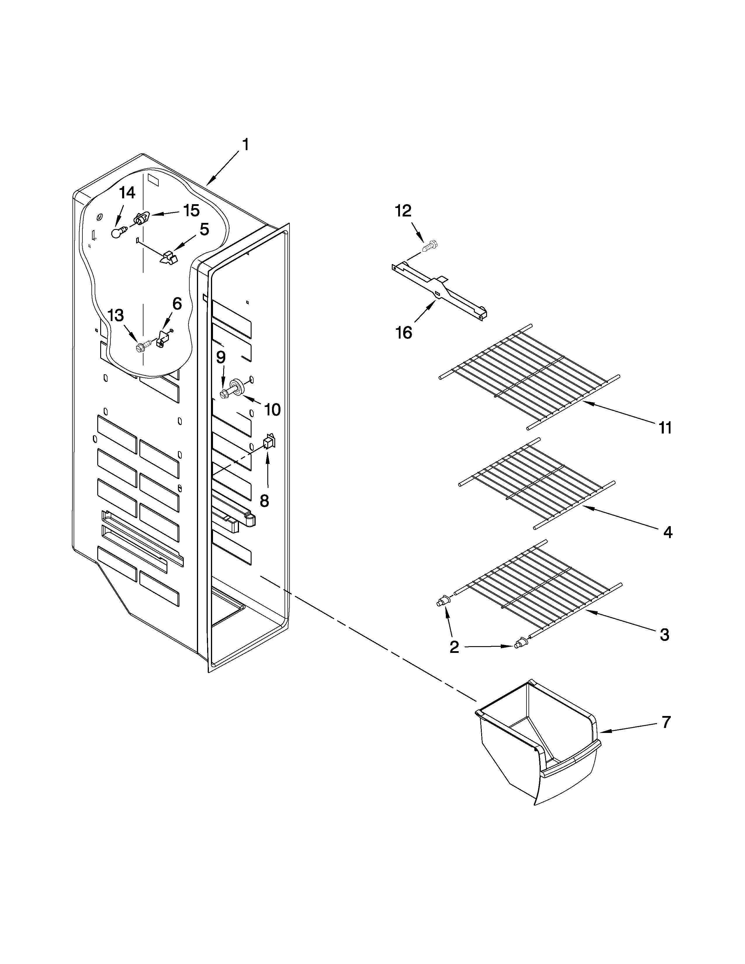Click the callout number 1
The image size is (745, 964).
245,145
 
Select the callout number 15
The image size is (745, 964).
191,211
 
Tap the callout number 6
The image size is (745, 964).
176,304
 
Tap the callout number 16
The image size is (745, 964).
403,332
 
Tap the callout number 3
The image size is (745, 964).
664,635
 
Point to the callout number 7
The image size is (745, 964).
666,722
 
